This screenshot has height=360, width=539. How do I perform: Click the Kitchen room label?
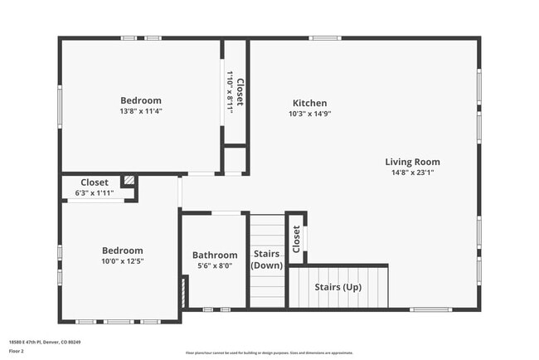pyautogui.click(x=309, y=104)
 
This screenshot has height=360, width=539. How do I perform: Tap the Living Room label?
pyautogui.click(x=412, y=162)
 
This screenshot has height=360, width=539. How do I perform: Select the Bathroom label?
pyautogui.click(x=215, y=255)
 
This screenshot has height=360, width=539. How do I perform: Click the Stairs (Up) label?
pyautogui.click(x=337, y=287)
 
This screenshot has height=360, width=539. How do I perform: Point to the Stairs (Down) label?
pyautogui.click(x=266, y=260)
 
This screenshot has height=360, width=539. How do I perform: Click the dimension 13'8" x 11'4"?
pyautogui.click(x=140, y=111)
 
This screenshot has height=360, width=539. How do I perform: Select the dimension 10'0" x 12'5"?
pyautogui.click(x=123, y=261)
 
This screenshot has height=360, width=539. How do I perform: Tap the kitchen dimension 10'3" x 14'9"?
pyautogui.click(x=309, y=114)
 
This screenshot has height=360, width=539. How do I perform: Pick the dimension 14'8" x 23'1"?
pyautogui.click(x=412, y=173)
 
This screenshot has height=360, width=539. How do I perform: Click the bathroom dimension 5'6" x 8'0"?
pyautogui.click(x=215, y=266)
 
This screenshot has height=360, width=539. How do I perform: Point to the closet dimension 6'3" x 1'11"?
pyautogui.click(x=94, y=193)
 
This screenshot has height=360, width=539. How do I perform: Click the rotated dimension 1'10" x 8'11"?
pyautogui.click(x=230, y=92)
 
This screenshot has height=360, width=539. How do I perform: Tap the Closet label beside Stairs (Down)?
pyautogui.click(x=296, y=239)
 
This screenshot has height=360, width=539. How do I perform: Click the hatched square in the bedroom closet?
pyautogui.click(x=129, y=180)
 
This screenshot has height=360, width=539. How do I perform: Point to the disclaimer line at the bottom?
pyautogui.click(x=269, y=353)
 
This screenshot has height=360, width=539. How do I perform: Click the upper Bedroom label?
pyautogui.click(x=140, y=100)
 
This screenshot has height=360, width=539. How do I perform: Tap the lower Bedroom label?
pyautogui.click(x=123, y=251)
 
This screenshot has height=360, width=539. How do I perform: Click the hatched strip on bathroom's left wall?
pyautogui.click(x=183, y=292)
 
